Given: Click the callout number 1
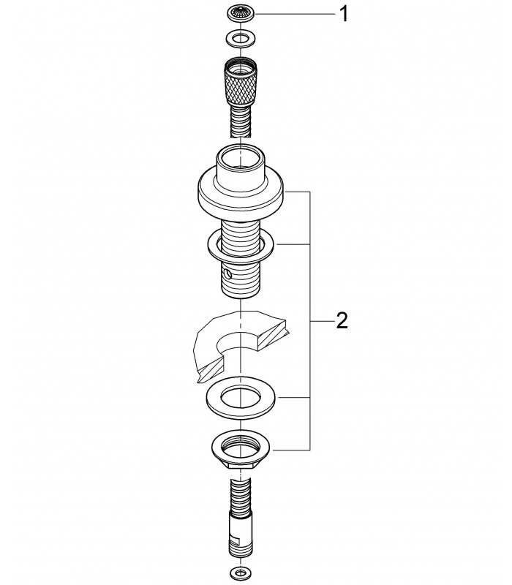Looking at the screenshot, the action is click(343, 15).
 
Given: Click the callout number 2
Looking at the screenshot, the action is click(342, 320).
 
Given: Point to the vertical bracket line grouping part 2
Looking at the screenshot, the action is click(310, 321).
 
